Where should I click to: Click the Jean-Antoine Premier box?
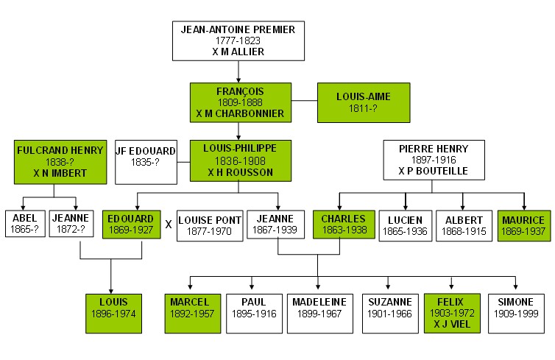pos(238,40)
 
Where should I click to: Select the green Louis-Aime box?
pos(364,102)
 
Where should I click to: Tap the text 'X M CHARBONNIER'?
pos(240,113)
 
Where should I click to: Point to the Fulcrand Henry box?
pos(60,162)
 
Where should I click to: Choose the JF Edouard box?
pos(146,162)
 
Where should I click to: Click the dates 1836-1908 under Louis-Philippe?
pos(240,161)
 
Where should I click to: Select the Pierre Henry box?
pos(434,160)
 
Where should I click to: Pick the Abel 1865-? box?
pos(25,224)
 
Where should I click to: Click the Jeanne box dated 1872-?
pos(71,224)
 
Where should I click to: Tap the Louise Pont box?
pos(210,226)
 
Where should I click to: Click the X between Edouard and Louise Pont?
pos(169,225)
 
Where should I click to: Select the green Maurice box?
pos(524,226)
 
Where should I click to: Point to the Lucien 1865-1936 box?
pos(406,226)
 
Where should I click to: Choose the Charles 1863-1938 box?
pos(344,225)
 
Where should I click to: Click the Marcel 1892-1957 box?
pos(193,314)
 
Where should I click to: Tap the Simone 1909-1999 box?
pos(516,314)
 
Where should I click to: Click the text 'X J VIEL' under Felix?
pos(452,324)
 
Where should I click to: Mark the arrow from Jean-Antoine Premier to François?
pos(238,72)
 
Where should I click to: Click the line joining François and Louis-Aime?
pos(305,101)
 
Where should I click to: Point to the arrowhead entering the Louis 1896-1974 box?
pos(111,292)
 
